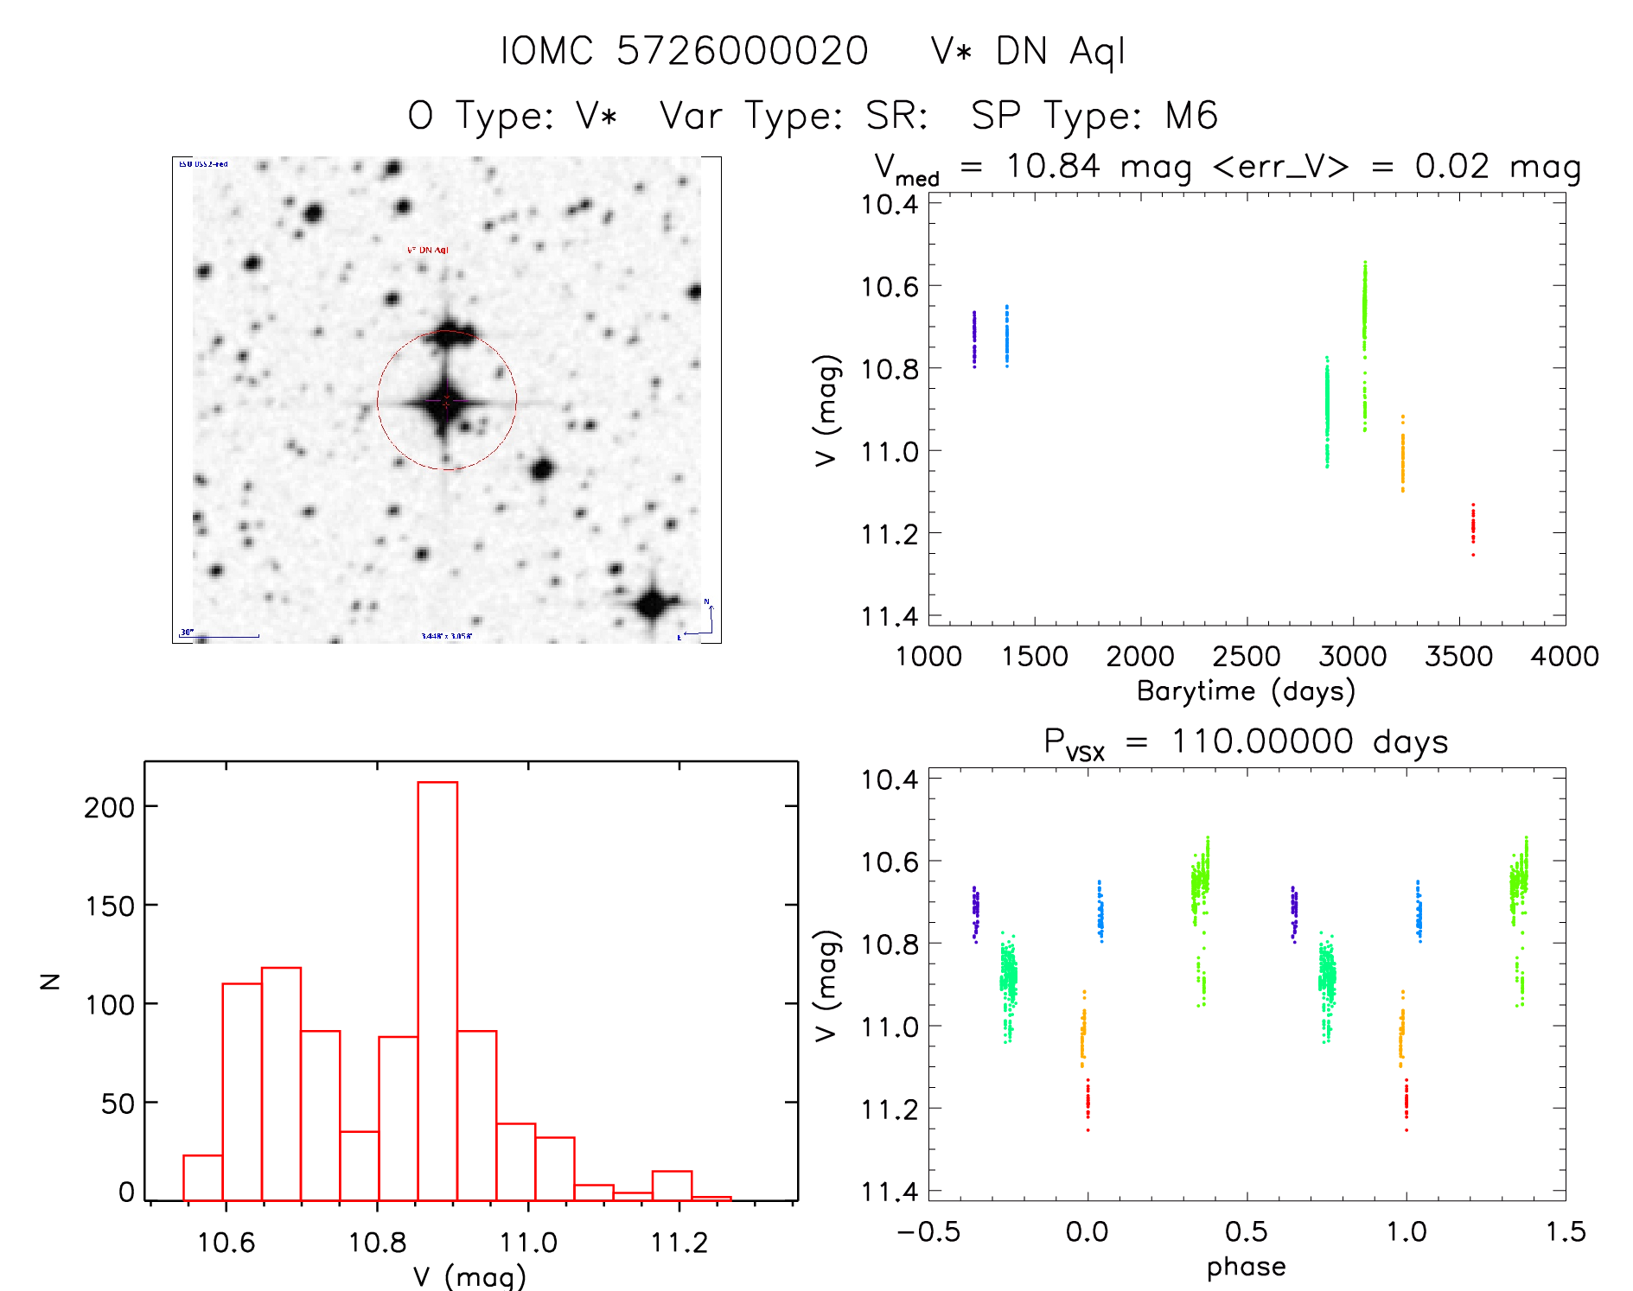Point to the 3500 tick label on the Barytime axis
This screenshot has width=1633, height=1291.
pos(1458,657)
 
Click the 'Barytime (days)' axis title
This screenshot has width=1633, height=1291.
pos(1246,691)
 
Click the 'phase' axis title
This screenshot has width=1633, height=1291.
pos(1246,1267)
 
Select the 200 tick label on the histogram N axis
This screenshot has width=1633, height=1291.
pos(110,807)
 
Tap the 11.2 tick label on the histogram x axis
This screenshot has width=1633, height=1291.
pos(679,1243)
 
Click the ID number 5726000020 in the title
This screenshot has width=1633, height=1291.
pos(742,51)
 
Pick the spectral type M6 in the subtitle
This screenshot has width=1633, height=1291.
pos(1191,116)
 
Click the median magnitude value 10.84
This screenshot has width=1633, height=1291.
pos(1052,166)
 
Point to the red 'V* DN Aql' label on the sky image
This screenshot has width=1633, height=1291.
pos(428,251)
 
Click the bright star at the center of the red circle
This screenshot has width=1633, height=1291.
pos(446,401)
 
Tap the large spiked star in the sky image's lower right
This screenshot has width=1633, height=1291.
pos(652,603)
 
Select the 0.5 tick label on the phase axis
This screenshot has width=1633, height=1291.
pos(1246,1232)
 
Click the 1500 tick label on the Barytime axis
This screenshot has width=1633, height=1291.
pos(1035,657)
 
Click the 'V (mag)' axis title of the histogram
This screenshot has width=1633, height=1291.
pos(469,1276)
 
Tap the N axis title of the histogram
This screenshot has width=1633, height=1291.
pos(50,981)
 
